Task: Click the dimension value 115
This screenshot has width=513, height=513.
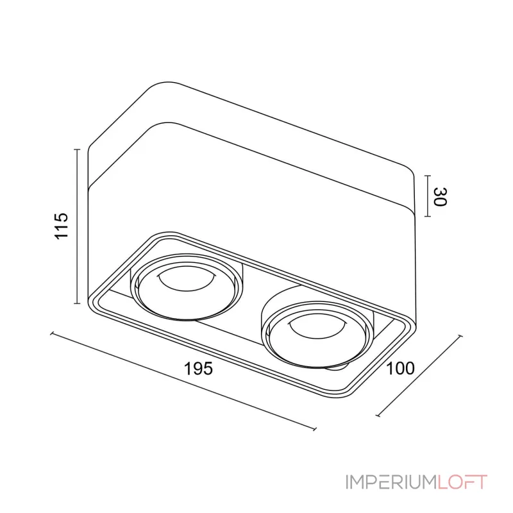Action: pyautogui.click(x=62, y=226)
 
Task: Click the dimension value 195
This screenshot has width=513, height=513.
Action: pyautogui.click(x=198, y=369)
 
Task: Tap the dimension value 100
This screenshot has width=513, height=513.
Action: pyautogui.click(x=400, y=368)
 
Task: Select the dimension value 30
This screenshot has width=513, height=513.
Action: pyautogui.click(x=440, y=197)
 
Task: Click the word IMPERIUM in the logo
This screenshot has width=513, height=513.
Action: pyautogui.click(x=392, y=482)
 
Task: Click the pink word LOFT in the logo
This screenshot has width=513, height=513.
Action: pyautogui.click(x=462, y=482)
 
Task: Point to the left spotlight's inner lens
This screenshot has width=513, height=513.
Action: pyautogui.click(x=186, y=281)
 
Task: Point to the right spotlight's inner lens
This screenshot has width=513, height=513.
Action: pyautogui.click(x=316, y=328)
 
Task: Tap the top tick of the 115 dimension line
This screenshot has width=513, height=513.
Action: pyautogui.click(x=77, y=149)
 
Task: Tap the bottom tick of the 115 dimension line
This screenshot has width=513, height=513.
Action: pyautogui.click(x=77, y=303)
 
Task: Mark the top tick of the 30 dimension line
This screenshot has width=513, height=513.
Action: pyautogui.click(x=428, y=176)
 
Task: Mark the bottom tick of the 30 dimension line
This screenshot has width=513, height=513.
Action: pyautogui.click(x=428, y=216)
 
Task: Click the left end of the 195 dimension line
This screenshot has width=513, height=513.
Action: pyautogui.click(x=52, y=333)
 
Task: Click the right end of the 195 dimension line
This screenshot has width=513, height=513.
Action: pyautogui.click(x=315, y=429)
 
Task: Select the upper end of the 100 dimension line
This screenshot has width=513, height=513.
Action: pyautogui.click(x=460, y=336)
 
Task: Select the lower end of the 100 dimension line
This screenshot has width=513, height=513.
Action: pyautogui.click(x=378, y=416)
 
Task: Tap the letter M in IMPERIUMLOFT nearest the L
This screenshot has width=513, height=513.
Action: pyautogui.click(x=427, y=482)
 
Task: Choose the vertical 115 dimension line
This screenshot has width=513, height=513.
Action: pyautogui.click(x=77, y=226)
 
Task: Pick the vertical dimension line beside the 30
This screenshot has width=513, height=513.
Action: pyautogui.click(x=428, y=196)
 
